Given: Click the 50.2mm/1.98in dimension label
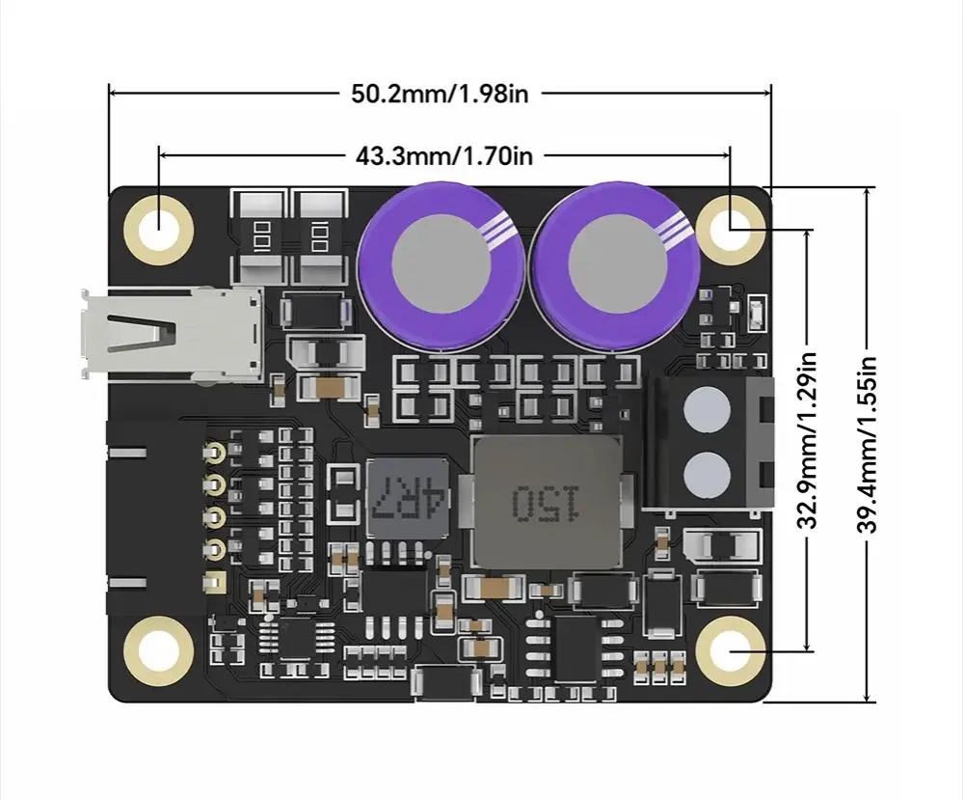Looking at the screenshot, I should [440, 94].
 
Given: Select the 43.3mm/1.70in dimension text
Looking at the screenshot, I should [443, 154].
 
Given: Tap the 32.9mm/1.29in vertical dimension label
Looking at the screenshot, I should [809, 439].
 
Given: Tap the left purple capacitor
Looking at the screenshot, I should [441, 262].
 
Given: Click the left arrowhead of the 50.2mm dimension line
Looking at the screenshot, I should [114, 94].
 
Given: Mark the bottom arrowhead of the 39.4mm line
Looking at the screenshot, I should [868, 696].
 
